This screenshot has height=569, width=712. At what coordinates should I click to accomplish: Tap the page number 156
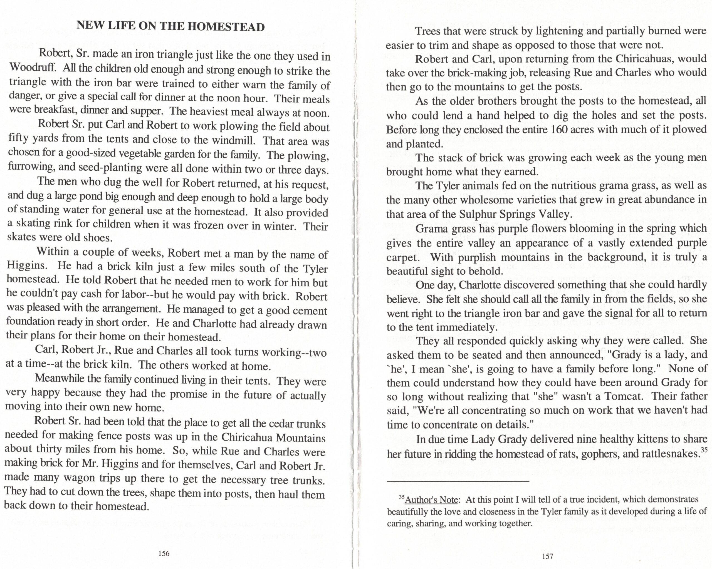tap(164, 553)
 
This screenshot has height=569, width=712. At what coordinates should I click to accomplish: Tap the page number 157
tap(548, 556)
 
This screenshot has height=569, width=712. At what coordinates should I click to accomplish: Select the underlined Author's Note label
tap(431, 500)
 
